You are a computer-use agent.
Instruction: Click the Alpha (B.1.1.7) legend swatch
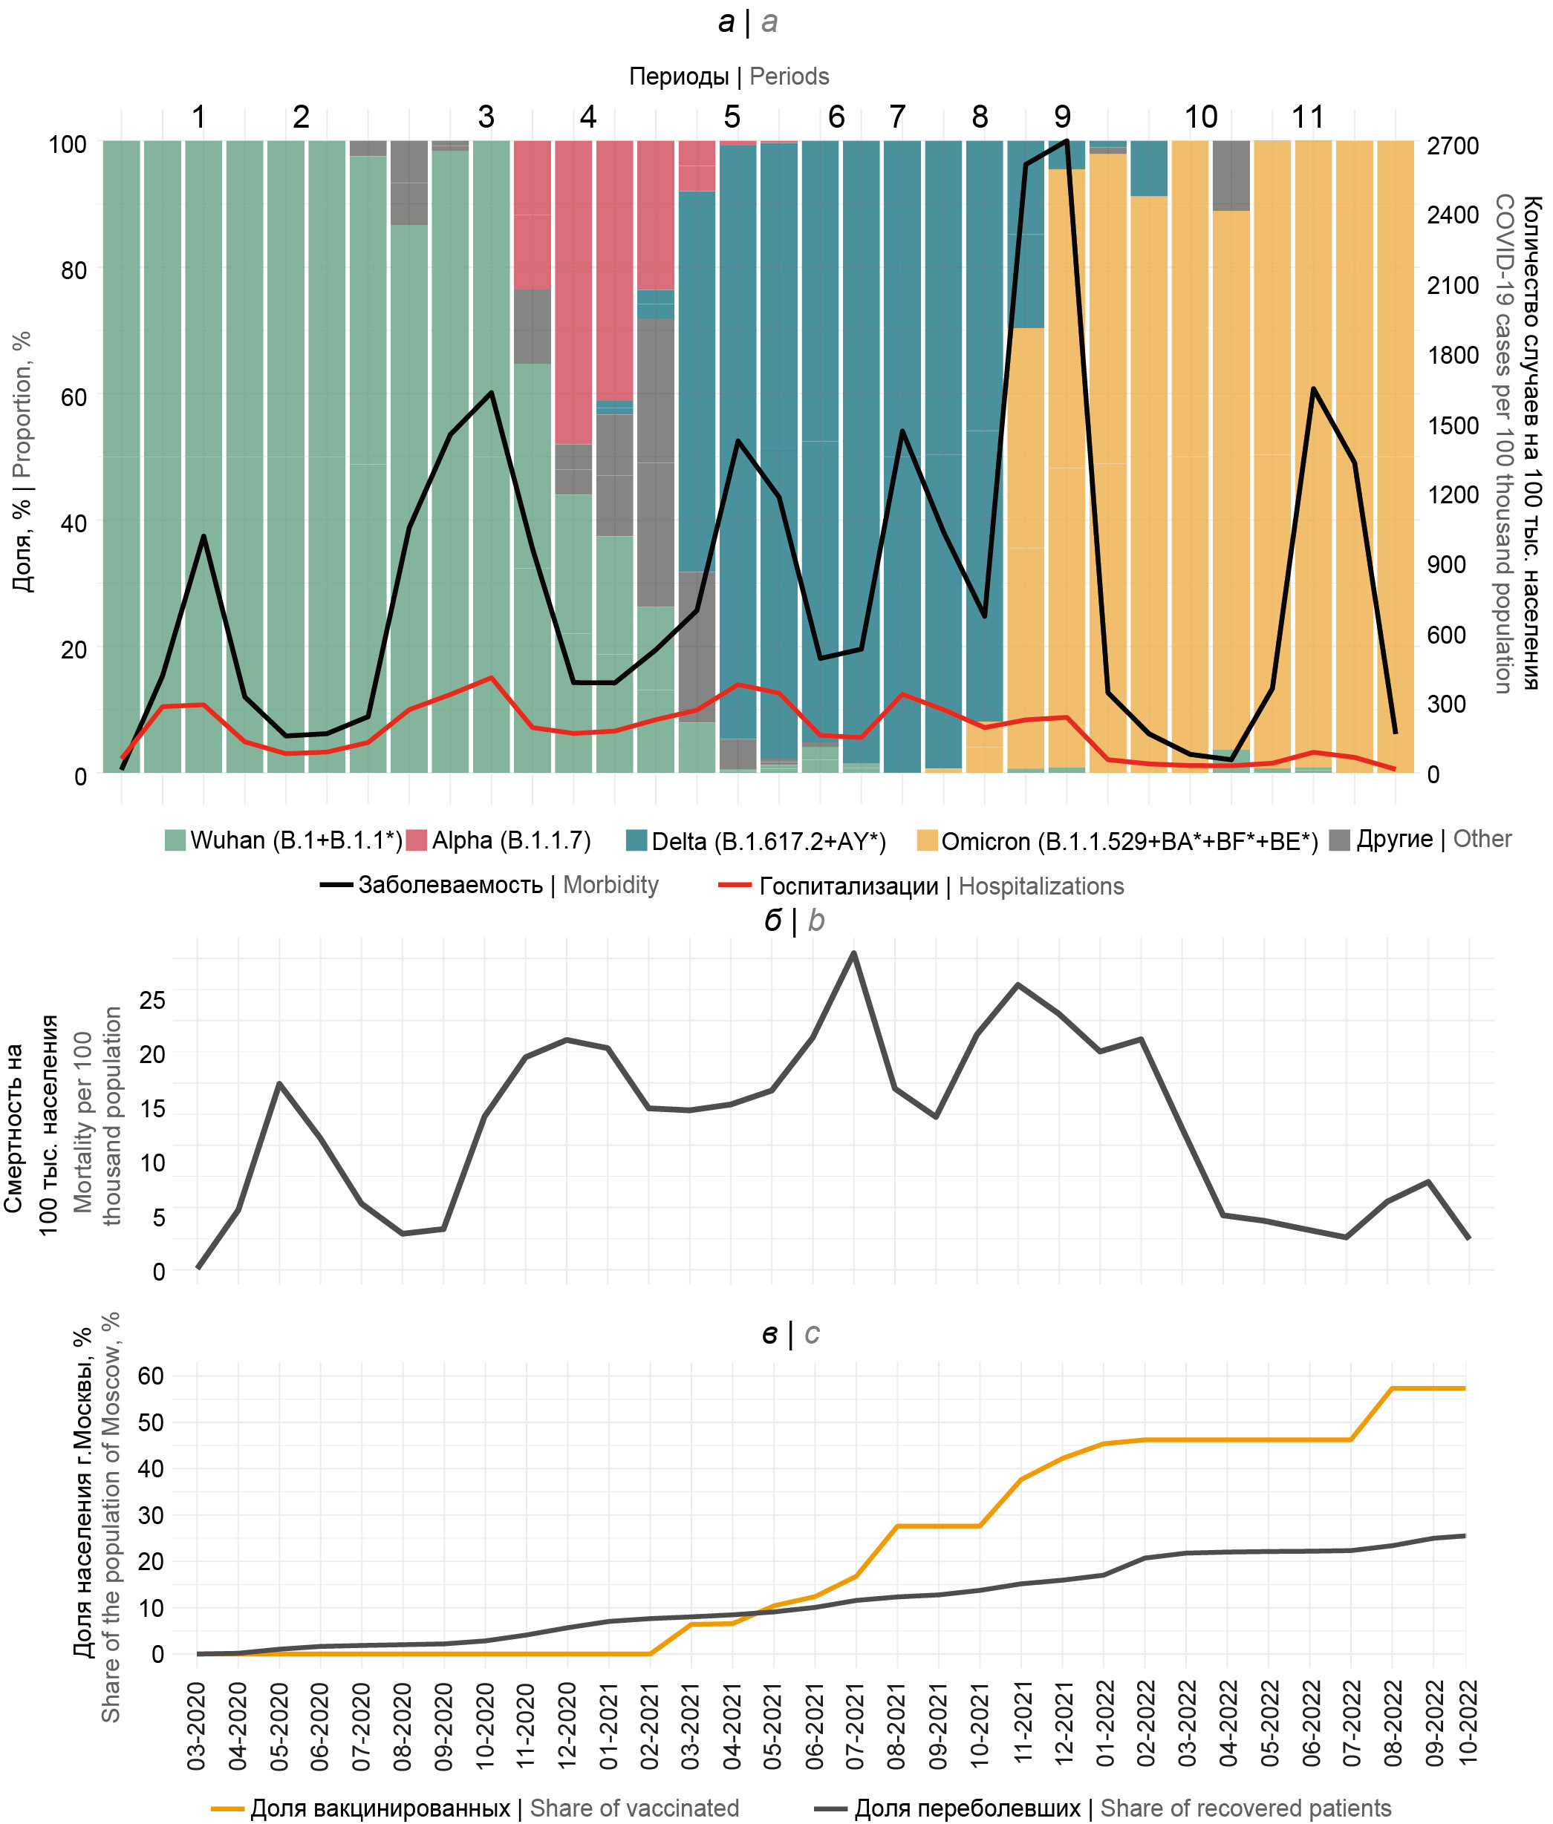click(x=417, y=840)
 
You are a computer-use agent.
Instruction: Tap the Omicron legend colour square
click(x=927, y=840)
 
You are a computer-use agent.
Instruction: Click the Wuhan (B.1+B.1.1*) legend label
click(x=296, y=840)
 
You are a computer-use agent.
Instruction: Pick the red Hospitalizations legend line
click(x=735, y=884)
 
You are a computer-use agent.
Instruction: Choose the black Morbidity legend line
click(x=336, y=884)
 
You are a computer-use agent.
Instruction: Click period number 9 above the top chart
click(x=1063, y=117)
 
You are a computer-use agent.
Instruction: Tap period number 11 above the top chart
click(x=1307, y=117)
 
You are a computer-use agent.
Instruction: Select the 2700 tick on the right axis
click(x=1453, y=146)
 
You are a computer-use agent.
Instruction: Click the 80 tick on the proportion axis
click(x=74, y=270)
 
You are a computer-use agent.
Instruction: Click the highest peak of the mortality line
click(x=853, y=954)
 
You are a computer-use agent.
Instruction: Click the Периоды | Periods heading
click(x=729, y=76)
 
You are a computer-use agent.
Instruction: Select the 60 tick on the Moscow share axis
click(x=152, y=1376)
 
